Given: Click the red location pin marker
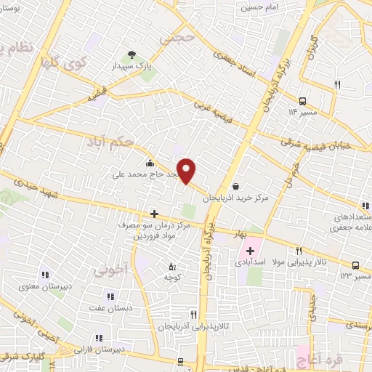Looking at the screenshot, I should click(187, 171).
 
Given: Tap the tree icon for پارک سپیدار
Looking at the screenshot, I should click(132, 54).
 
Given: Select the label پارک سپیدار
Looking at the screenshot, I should click(132, 65).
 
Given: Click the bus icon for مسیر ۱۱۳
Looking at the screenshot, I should click(302, 101).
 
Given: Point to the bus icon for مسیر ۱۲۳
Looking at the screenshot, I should click(355, 265).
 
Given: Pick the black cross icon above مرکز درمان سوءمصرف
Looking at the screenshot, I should click(153, 214).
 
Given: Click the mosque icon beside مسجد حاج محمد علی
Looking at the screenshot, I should click(150, 163).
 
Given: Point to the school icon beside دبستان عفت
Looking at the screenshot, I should click(110, 296).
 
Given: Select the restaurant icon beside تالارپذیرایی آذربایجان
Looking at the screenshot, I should click(193, 315).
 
